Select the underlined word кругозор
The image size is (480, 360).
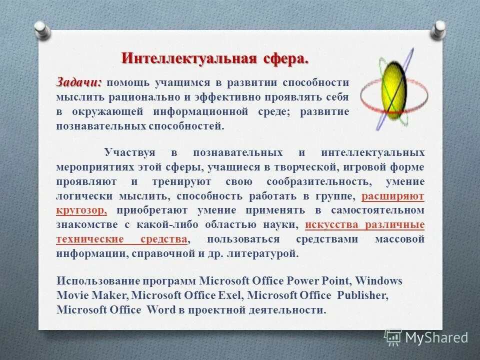click(80, 210)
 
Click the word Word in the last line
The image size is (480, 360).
click(161, 310)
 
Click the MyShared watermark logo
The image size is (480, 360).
click(426, 337)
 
